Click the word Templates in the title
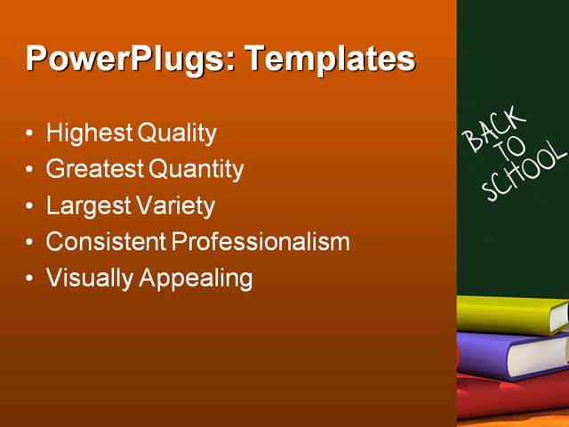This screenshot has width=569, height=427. pyautogui.click(x=330, y=60)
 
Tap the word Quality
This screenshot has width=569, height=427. pyautogui.click(x=177, y=133)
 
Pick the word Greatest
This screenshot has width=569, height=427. pyautogui.click(x=94, y=169)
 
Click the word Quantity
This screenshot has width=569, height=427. pyautogui.click(x=196, y=169)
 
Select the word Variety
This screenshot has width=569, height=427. pyautogui.click(x=176, y=206)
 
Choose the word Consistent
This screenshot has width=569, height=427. pyautogui.click(x=106, y=242)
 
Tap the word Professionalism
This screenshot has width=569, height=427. pyautogui.click(x=260, y=242)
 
